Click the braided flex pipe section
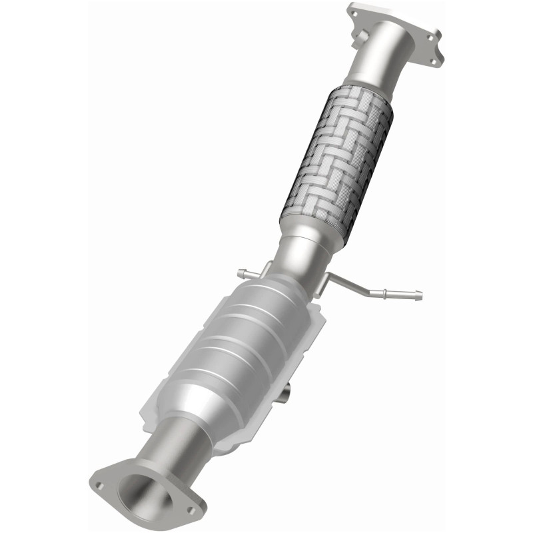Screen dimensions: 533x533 pos(336,160)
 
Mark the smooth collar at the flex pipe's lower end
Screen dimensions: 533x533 pos(307,235)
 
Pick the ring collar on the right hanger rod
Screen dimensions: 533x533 pos(385,290)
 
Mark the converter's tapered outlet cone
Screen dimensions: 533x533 pos(193,406)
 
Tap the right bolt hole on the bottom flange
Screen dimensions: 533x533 pos(192,510)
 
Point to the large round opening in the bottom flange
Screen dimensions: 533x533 pos(141,493)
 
